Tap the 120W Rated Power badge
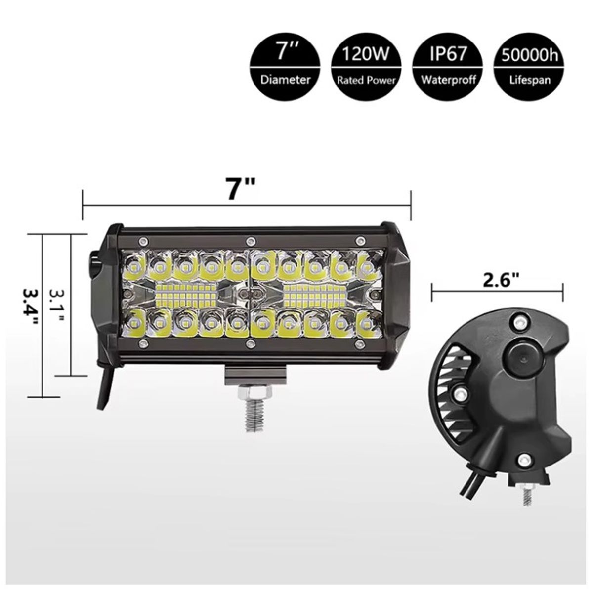pyautogui.click(x=366, y=64)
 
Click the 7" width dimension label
pyautogui.click(x=241, y=189)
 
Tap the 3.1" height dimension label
pyautogui.click(x=58, y=304)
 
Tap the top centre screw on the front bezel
pyautogui.click(x=250, y=241)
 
